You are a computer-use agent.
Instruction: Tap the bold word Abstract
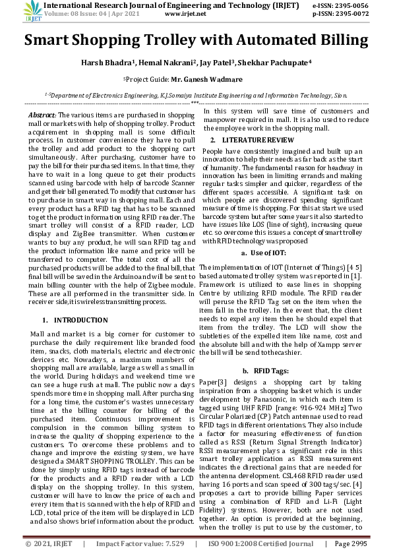coord(42,115)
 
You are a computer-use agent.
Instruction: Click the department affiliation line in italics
coord(196,95)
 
